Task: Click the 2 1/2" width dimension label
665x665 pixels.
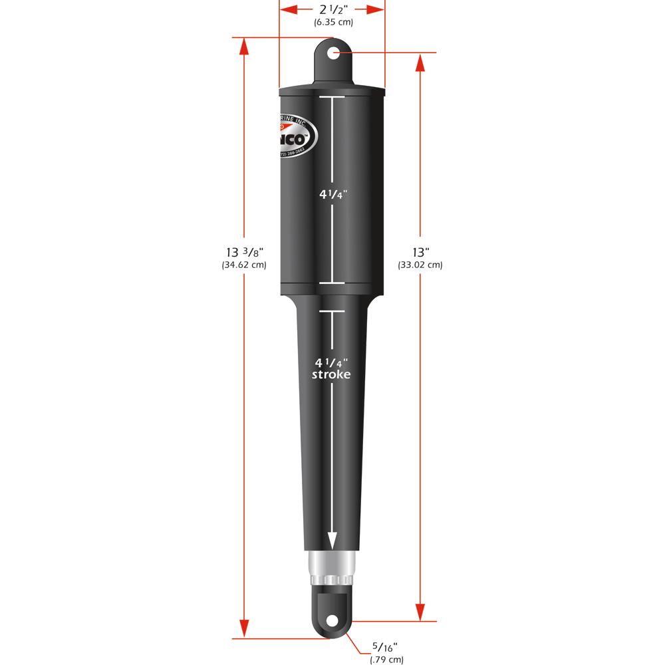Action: (332, 9)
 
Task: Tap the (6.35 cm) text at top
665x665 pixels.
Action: (333, 22)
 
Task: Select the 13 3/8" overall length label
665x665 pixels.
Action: (243, 252)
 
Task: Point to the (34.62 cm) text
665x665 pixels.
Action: (243, 265)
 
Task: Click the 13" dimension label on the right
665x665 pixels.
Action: (420, 252)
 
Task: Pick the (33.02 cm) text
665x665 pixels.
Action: (420, 265)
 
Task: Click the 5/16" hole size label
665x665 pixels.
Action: (386, 647)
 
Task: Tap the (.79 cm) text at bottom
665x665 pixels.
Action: (386, 660)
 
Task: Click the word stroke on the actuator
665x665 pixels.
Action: (331, 375)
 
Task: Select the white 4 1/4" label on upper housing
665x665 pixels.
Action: (332, 195)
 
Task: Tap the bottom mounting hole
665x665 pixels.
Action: (331, 621)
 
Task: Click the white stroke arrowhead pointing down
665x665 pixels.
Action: (331, 539)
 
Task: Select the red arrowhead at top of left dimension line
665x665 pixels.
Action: (244, 47)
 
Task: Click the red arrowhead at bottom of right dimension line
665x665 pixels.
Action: (420, 612)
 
